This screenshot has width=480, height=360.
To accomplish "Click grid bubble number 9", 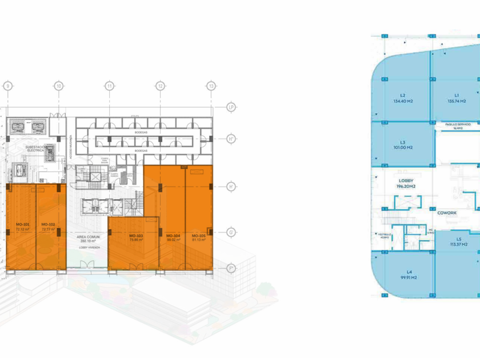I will (7, 86).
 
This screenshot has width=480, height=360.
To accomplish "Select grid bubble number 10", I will (58, 86).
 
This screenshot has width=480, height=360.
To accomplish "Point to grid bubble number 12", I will (161, 86).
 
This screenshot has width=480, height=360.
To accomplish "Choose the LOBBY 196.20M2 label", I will (406, 183).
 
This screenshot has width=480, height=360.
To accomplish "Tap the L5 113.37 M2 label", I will (458, 242).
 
